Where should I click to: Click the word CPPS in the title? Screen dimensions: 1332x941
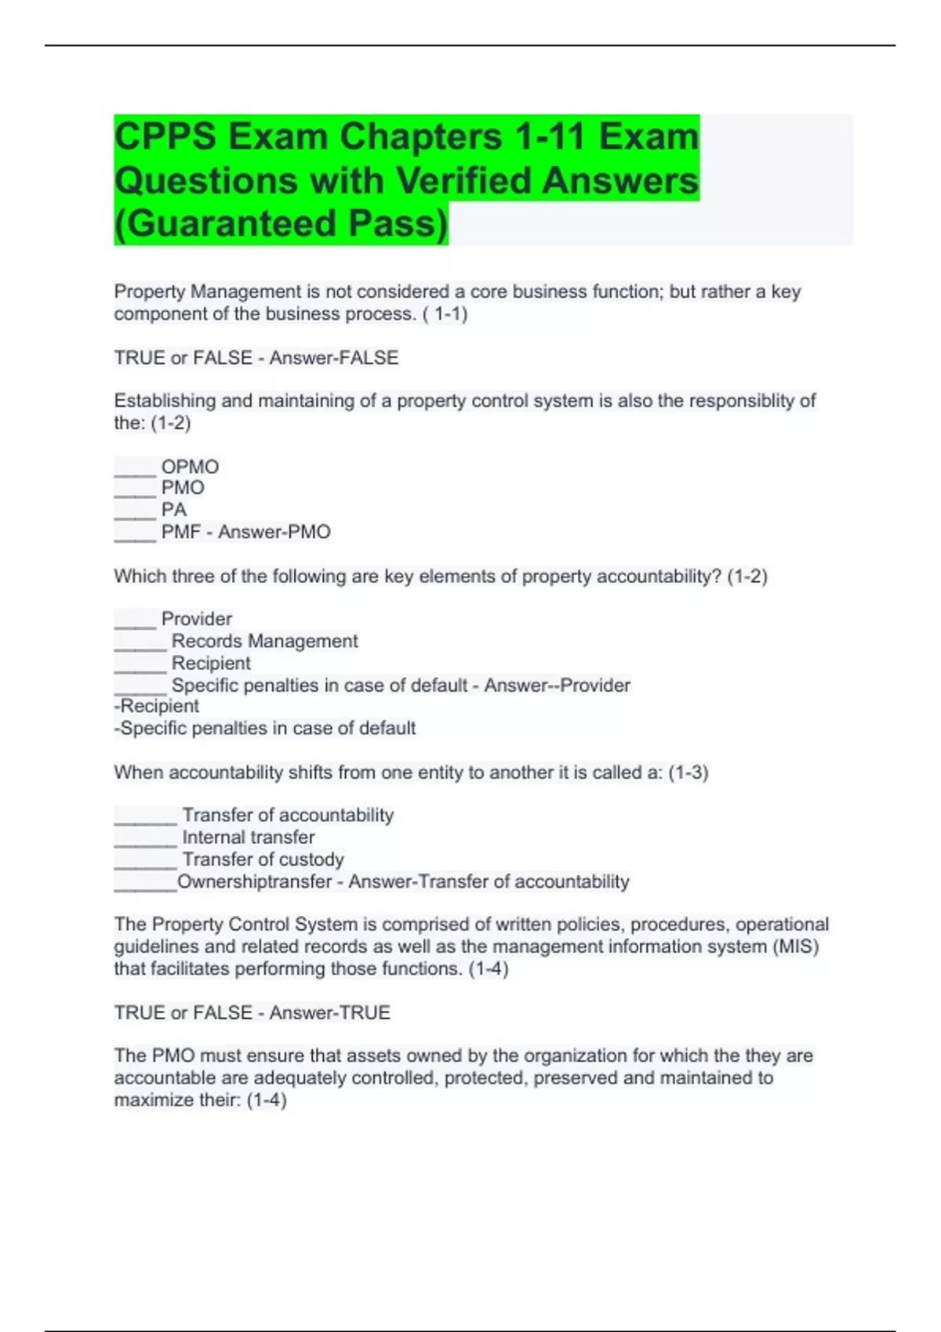165,137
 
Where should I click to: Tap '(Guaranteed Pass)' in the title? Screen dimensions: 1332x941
281,224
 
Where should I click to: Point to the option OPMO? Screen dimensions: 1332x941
190,467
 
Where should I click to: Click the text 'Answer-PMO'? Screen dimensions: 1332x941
274,532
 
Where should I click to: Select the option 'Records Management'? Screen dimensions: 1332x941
264,641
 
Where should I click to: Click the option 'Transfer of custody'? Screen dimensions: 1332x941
263,860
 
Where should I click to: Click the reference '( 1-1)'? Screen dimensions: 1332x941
445,314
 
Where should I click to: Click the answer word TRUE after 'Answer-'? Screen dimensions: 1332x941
361,1013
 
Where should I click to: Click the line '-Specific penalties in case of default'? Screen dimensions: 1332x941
265,729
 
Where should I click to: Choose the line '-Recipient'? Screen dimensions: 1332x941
157,707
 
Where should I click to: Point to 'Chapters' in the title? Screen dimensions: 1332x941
421,137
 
